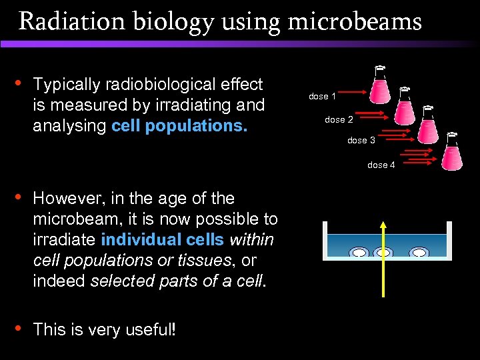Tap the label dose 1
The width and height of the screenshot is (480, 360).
pyautogui.click(x=322, y=97)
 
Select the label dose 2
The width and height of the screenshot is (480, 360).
pyautogui.click(x=339, y=120)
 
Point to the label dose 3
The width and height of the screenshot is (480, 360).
pyautogui.click(x=361, y=141)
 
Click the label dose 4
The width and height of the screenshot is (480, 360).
pyautogui.click(x=381, y=165)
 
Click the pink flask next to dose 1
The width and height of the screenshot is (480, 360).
pyautogui.click(x=381, y=86)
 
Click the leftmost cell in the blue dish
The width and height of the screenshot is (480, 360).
pyautogui.click(x=359, y=253)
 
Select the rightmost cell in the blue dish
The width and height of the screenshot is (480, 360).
pyautogui.click(x=419, y=253)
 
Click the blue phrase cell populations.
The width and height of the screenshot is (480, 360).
pyautogui.click(x=179, y=125)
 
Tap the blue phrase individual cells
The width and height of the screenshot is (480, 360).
pyautogui.click(x=162, y=239)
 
